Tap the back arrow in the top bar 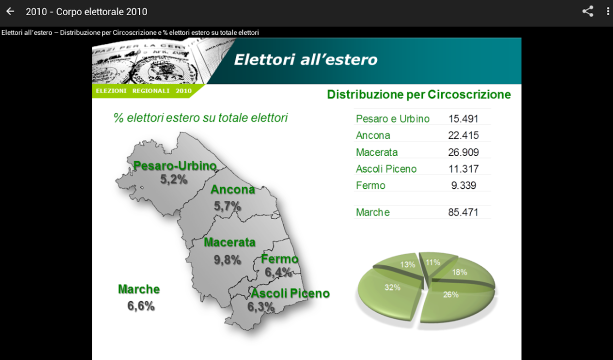pos(10,11)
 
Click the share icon pos(587,11)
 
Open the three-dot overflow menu pos(608,11)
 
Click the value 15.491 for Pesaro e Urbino pos(463,119)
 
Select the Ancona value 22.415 pos(463,135)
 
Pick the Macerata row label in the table pos(376,152)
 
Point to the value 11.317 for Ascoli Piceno pos(463,169)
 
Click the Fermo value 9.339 pos(463,185)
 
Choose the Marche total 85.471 pos(463,212)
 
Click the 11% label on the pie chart pos(433,262)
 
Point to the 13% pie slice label pos(408,264)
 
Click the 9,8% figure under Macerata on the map pos(227,260)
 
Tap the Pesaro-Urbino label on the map pos(175,166)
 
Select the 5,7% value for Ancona pos(227,206)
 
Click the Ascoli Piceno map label pos(290,293)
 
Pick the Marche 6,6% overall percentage pos(141,306)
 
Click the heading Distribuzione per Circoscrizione pos(419,94)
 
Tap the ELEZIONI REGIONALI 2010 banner pos(143,91)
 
